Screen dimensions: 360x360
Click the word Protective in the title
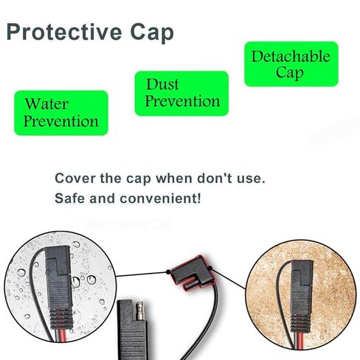tap(64, 32)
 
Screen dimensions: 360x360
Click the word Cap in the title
tap(152, 33)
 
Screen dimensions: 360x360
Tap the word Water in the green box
tap(46, 104)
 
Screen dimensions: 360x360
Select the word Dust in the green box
tap(162, 84)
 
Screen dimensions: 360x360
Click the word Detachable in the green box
tap(291, 56)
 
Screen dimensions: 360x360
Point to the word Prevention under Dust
tap(182, 101)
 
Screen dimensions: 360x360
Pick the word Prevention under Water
tap(61, 121)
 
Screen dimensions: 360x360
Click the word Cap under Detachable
tap(290, 73)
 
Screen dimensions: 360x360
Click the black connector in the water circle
tap(59, 286)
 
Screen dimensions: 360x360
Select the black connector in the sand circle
tap(302, 295)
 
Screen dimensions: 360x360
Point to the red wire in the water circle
tap(62, 335)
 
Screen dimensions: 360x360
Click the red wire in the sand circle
tap(300, 338)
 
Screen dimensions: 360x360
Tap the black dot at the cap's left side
tap(168, 272)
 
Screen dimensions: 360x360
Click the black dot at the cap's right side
tap(210, 268)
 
